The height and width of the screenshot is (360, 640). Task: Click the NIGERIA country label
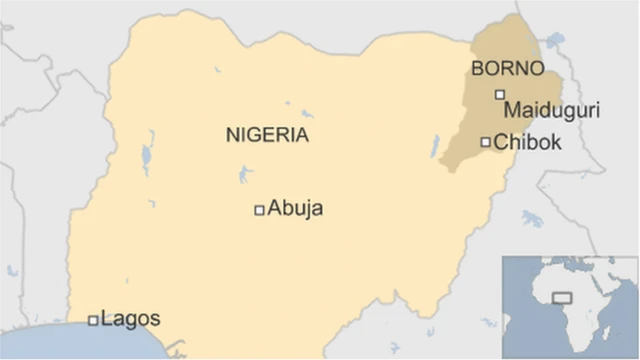click(267, 135)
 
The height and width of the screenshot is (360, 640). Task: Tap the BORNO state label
click(508, 70)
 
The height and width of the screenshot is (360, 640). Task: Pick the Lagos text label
click(131, 319)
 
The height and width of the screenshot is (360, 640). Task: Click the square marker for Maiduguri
click(500, 95)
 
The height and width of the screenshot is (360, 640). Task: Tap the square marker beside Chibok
click(486, 142)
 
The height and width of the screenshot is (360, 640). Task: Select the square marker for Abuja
click(259, 210)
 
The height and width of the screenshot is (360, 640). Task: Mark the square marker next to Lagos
click(93, 320)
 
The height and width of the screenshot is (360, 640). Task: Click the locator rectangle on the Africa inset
click(562, 297)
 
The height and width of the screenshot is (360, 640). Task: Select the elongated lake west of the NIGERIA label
click(148, 159)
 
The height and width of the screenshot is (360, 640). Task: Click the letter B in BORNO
click(477, 70)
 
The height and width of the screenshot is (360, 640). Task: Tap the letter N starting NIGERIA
click(230, 135)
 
